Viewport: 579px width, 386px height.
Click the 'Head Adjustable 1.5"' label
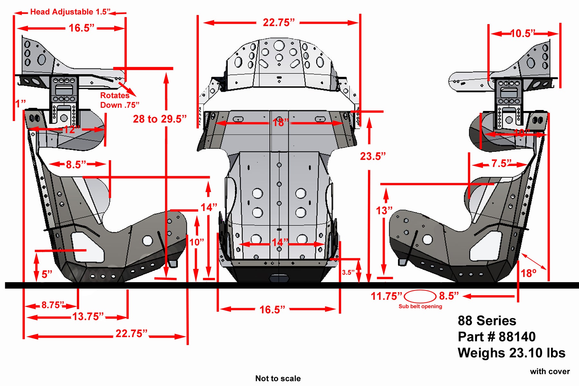point(70,12)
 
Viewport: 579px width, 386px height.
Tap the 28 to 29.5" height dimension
point(160,119)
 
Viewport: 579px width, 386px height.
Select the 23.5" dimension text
point(372,156)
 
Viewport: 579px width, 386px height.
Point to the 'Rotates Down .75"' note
point(119,100)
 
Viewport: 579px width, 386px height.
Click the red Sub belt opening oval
point(420,296)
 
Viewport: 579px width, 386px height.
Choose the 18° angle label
point(528,273)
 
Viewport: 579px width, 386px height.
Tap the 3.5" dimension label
point(348,272)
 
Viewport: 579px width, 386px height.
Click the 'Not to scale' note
point(278,378)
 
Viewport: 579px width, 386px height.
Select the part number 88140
point(517,337)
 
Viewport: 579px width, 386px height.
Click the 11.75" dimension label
point(386,296)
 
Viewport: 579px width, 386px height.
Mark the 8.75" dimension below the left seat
point(53,305)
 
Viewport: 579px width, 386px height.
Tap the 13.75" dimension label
point(88,317)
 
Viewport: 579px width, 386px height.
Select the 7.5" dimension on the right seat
point(501,164)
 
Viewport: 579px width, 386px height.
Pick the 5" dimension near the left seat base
point(47,274)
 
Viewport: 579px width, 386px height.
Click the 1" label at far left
point(21,104)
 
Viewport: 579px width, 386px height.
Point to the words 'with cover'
point(550,372)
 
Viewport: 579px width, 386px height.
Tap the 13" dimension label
point(384,211)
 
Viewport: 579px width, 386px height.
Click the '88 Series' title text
point(487,321)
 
